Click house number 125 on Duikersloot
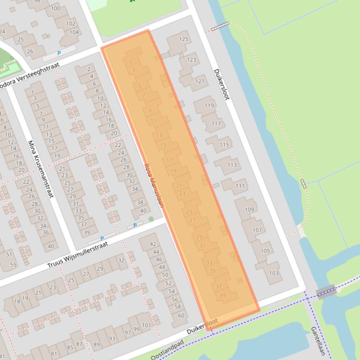click(184, 39)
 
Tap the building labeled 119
click(209, 106)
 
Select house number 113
click(232, 165)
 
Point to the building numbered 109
click(250, 210)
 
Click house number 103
click(274, 273)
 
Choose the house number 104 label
click(74, 32)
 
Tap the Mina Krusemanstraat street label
click(40, 168)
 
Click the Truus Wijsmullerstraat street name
click(78, 255)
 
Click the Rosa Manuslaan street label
click(154, 185)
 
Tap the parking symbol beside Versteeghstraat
click(59, 54)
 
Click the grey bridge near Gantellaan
click(326, 292)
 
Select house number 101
click(147, 325)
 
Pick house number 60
click(181, 315)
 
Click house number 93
click(112, 339)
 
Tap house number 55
click(13, 265)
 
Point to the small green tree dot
click(151, 219)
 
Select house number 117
click(216, 124)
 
